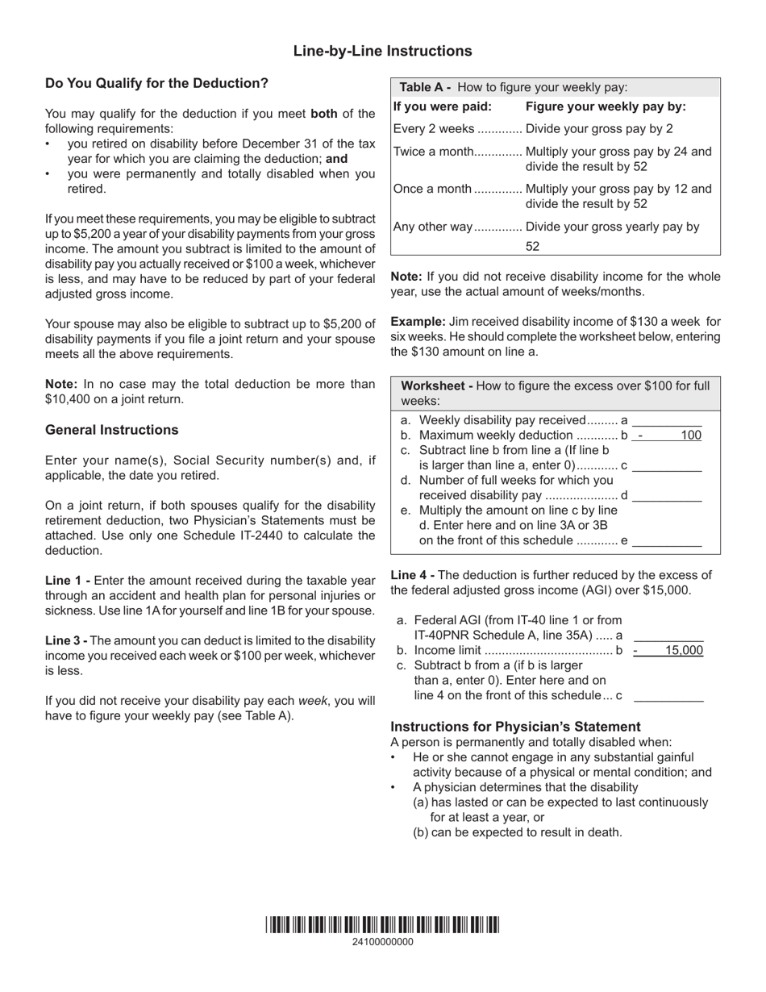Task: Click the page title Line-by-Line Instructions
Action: [x=382, y=52]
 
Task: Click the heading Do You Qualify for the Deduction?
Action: [x=156, y=83]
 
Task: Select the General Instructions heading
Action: [x=112, y=430]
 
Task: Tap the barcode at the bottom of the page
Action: [x=382, y=924]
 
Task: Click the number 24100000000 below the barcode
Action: [x=382, y=942]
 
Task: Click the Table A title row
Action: [x=514, y=88]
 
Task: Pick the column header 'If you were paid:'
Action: [x=442, y=107]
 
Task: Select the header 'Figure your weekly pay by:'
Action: [x=606, y=107]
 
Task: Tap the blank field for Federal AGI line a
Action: [x=668, y=636]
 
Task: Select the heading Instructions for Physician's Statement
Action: [x=515, y=727]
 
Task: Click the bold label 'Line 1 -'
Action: [x=68, y=581]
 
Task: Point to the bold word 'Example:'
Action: [x=418, y=322]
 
